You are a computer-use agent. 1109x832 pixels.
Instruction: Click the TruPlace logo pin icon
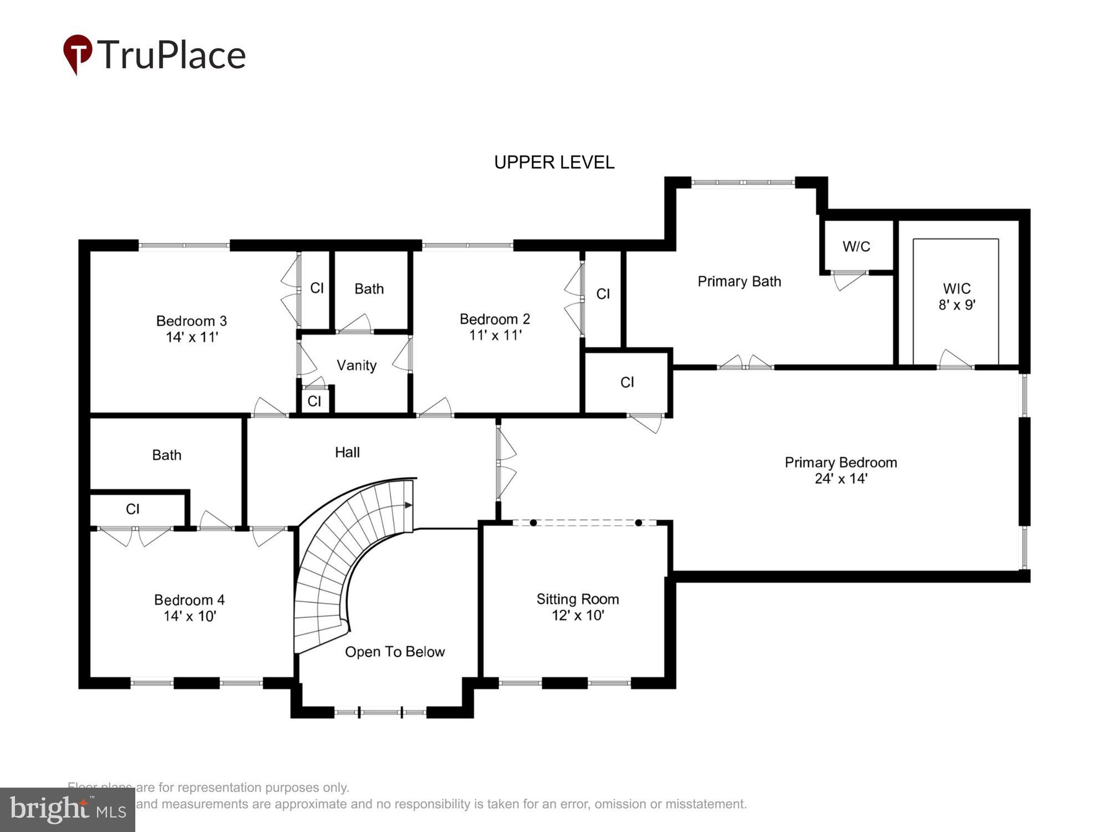[78, 53]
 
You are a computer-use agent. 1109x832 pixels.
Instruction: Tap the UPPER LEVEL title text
[554, 163]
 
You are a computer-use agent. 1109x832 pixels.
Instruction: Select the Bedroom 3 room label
[191, 321]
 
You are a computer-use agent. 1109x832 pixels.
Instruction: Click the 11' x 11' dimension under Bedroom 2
[495, 335]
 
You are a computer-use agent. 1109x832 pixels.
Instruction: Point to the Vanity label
[357, 366]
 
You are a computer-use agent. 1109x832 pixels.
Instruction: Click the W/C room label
[856, 247]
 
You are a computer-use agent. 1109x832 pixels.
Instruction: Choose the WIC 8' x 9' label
[957, 297]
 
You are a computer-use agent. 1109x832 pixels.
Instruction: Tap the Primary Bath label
[739, 282]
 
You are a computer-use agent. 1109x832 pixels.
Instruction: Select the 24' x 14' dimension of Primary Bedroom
[841, 479]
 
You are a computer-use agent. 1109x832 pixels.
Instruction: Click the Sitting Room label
[577, 600]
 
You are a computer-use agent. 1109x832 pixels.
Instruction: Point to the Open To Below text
[395, 652]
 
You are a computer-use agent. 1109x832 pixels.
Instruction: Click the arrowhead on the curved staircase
[409, 505]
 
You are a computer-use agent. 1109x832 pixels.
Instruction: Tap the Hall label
[347, 453]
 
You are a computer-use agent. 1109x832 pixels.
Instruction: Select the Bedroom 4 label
[189, 600]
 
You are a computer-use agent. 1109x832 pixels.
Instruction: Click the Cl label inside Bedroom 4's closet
[133, 509]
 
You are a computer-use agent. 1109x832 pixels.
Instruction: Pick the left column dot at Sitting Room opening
[533, 522]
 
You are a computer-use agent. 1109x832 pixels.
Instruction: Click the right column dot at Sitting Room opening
[638, 522]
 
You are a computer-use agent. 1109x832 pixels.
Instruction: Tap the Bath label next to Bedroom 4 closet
[166, 455]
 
